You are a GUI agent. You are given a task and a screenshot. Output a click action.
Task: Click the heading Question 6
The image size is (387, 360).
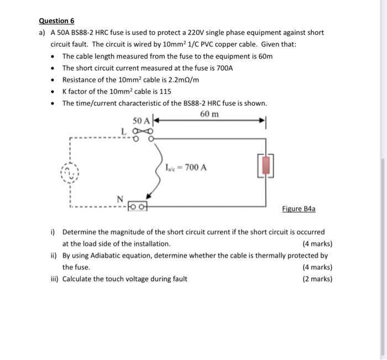click(x=56, y=21)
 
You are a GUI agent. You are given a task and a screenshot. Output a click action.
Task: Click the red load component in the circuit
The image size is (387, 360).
click(x=266, y=165)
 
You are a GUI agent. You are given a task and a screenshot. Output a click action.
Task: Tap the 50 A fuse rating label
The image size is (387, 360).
click(x=142, y=121)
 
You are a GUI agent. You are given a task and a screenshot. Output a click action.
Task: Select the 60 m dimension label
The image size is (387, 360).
click(x=210, y=114)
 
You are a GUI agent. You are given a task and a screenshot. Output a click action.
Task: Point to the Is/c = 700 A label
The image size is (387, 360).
click(x=186, y=166)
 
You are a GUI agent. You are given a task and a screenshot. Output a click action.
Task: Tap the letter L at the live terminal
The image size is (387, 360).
click(x=124, y=130)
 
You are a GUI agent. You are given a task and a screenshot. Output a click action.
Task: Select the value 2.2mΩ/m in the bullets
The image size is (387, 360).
click(x=180, y=80)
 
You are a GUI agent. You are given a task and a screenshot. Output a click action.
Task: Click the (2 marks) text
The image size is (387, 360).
click(x=317, y=279)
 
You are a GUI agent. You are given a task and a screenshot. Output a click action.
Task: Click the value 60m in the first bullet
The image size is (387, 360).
click(x=263, y=56)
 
